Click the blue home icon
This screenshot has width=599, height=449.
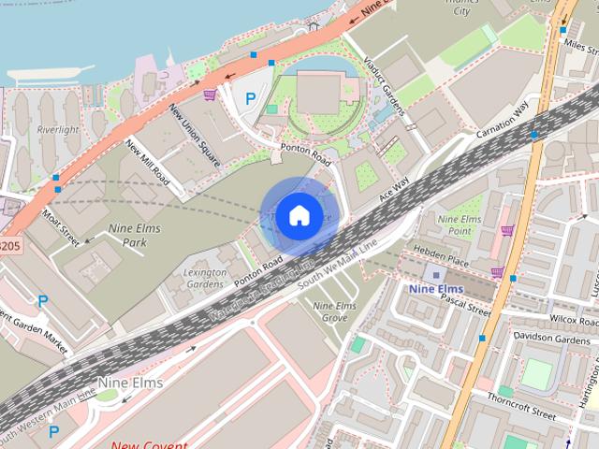[x=298, y=215]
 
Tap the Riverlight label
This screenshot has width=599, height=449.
[x=57, y=130]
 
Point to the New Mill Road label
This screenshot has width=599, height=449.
[x=147, y=161]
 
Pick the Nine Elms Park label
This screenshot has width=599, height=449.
[x=134, y=235]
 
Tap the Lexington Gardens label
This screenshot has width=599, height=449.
[x=206, y=278]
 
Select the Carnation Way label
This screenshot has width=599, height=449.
[x=503, y=119]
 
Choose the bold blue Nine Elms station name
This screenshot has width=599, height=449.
[x=436, y=290]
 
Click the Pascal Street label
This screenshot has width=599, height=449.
[x=465, y=308]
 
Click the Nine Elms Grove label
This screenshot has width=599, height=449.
[x=334, y=312]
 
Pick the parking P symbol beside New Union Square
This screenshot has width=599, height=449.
[x=249, y=98]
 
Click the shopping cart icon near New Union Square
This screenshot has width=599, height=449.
[x=211, y=94]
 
